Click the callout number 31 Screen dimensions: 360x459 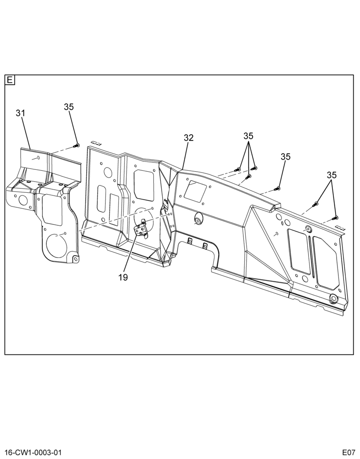point(21,113)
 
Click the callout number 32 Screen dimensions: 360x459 point(189,138)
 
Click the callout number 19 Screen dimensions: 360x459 point(124,278)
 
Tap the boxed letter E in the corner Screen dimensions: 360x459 point(10,80)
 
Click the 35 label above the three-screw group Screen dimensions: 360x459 point(248,136)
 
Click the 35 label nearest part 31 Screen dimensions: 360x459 point(69,107)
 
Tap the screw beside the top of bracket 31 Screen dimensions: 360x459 point(77,145)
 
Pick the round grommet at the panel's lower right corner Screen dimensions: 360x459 point(333,299)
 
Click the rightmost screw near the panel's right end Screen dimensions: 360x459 point(335,218)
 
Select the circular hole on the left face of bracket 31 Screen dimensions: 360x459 point(22,200)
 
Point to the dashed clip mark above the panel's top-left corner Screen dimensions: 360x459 point(96,143)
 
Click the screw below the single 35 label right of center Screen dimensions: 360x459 point(277,188)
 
